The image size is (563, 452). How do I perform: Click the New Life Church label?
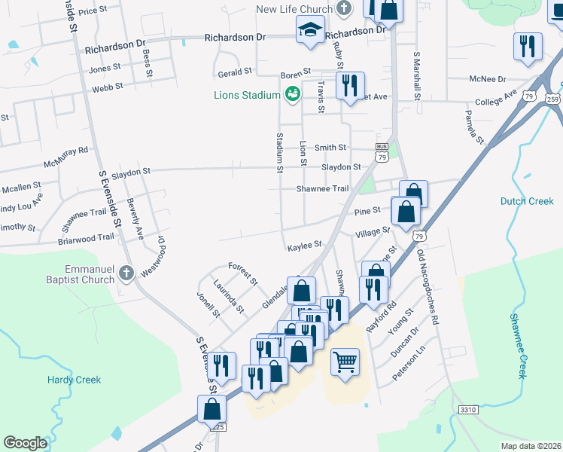(x=294, y=9)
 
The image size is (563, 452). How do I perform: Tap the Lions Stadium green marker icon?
(x=292, y=94)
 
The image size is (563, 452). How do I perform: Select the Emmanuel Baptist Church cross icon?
(x=126, y=273)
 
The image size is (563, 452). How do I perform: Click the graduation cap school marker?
(x=308, y=30)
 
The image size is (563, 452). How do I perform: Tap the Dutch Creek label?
(x=527, y=201)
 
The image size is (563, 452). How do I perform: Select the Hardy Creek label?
(x=74, y=380)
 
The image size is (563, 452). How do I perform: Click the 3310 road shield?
(x=467, y=409)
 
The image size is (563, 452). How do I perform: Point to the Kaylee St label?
(x=304, y=245)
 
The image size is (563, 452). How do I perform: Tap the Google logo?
(x=25, y=443)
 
